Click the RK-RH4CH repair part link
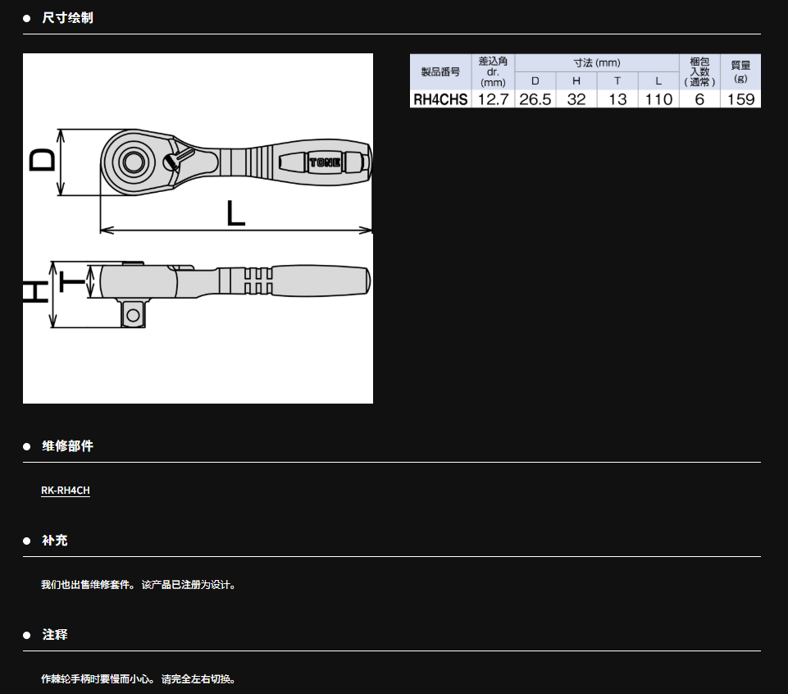66,491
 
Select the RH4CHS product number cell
440,99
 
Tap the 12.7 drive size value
493,99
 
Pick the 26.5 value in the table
535,99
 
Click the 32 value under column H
576,99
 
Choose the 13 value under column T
617,99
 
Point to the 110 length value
658,99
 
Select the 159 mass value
740,99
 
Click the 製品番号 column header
440,72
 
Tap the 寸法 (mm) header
597,63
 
